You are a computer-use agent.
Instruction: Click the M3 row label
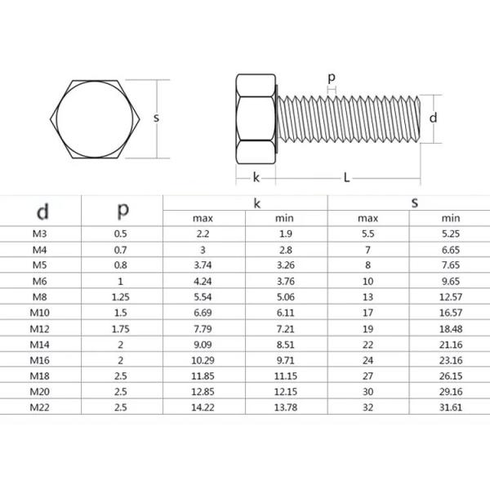click(x=39, y=234)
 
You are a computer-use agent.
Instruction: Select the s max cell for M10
click(x=368, y=311)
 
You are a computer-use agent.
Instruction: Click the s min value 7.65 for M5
click(x=451, y=265)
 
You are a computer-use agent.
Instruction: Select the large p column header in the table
click(x=122, y=209)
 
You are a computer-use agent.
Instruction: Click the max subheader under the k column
click(x=203, y=218)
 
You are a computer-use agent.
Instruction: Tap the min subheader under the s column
click(x=451, y=218)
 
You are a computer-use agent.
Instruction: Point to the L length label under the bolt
click(x=346, y=177)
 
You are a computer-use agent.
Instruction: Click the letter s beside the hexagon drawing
click(x=155, y=117)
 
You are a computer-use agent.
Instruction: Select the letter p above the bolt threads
click(x=331, y=78)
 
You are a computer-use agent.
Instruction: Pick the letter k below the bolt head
click(x=256, y=177)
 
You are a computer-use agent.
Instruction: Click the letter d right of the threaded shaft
click(x=434, y=117)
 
